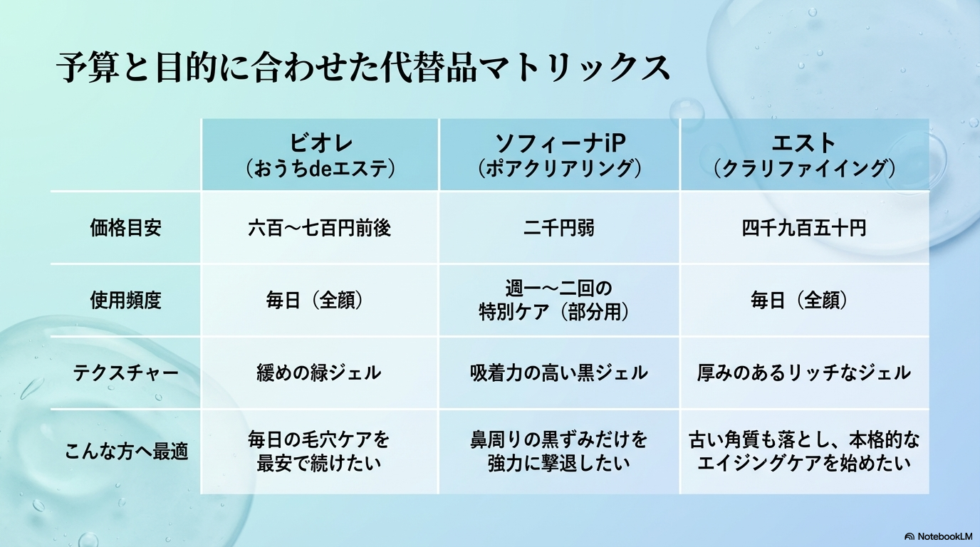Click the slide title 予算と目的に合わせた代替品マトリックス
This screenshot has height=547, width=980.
coord(363,67)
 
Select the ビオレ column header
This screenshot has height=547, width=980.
coord(320,155)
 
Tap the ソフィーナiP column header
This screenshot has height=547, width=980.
coord(559,155)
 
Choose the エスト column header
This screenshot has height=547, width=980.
coord(803,155)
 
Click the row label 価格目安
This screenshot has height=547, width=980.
coord(125,228)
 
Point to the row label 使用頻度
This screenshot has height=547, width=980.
coord(125,301)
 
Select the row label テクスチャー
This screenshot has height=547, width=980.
coord(125,373)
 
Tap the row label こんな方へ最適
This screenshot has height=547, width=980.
coord(125,452)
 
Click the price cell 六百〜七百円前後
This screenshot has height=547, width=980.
coord(320,228)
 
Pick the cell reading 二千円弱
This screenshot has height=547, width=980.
coord(559,228)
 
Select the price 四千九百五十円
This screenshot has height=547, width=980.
coord(803,228)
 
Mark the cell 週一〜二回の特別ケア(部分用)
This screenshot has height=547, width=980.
coord(559,301)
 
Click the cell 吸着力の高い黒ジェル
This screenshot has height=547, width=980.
coord(559,373)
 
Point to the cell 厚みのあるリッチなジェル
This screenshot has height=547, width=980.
coord(803,373)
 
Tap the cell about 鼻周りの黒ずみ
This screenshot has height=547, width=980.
coord(559,452)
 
